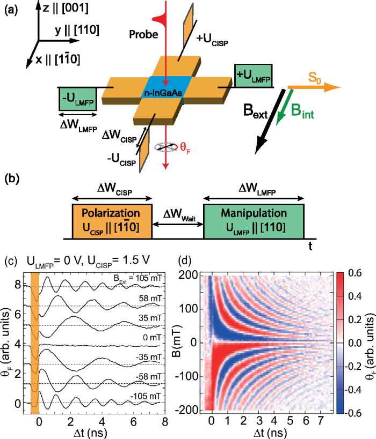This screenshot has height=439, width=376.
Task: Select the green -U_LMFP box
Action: tap(78, 99)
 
